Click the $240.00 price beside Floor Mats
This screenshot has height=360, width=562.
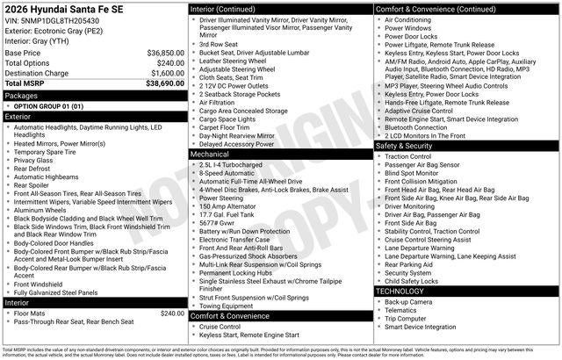(x=171, y=313)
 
